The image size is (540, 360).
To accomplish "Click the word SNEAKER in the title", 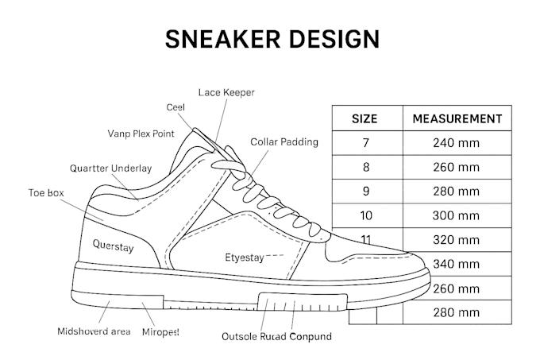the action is coord(223,39).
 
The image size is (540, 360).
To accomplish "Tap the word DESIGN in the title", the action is coord(334,39).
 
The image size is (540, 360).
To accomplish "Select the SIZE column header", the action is coord(364,119).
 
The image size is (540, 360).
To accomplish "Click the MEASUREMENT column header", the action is coord(457,119).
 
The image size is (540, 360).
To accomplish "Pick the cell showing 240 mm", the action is coord(457,142).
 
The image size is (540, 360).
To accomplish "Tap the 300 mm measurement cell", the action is coord(457,215).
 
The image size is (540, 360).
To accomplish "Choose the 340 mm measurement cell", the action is coord(457,264).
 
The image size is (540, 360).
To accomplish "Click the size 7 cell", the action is coord(366,142).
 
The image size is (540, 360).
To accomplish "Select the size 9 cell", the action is coord(366,192).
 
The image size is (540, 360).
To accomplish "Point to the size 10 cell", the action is coord(366,215).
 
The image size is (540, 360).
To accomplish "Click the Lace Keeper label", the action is coord(226,92).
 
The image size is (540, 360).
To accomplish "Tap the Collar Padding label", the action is coord(284,142).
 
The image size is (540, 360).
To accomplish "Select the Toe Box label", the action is coord(46,192).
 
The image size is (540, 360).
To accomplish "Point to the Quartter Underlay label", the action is coord(111,168).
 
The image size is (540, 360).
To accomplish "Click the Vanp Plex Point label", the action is coord(141,134).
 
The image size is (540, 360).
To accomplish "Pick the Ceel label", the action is coord(175,107).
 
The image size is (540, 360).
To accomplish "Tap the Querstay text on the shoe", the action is coord(113,246).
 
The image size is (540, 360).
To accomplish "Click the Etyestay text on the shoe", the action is coord(245,257).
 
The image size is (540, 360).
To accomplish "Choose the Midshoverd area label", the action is coord(94,331).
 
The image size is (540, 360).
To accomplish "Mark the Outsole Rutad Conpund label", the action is coord(276,336).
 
